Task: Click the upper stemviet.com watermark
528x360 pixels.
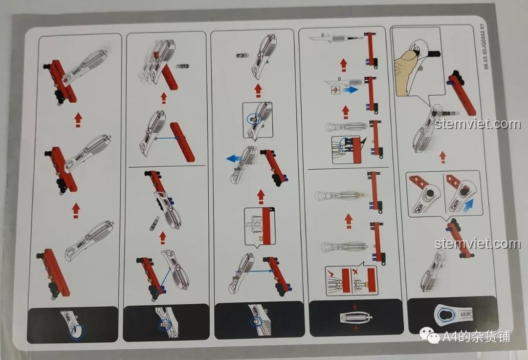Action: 477,124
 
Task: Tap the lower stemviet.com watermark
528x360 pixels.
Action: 477,243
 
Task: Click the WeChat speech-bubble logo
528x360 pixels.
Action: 431,337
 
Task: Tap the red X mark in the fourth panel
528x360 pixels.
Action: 360,271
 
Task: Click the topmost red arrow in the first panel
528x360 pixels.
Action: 77,119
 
